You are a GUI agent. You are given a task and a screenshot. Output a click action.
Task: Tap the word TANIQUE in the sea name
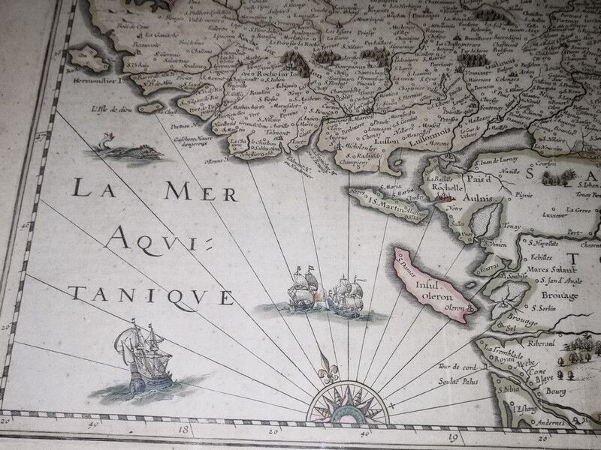(x=150, y=295)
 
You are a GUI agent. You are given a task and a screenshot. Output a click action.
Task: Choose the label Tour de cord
(x=455, y=367)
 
